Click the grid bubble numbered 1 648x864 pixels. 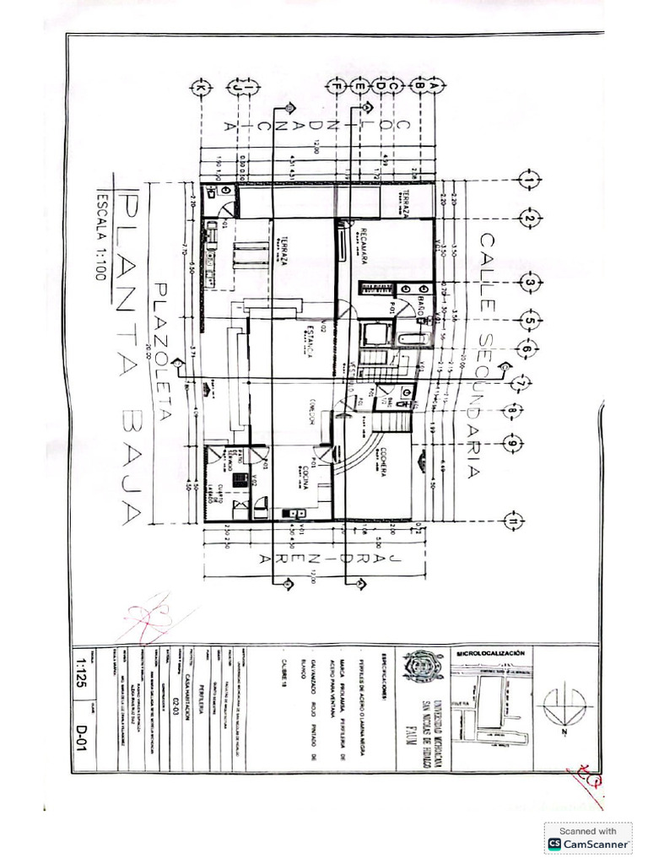[529, 181]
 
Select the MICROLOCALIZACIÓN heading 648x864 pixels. [490, 654]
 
